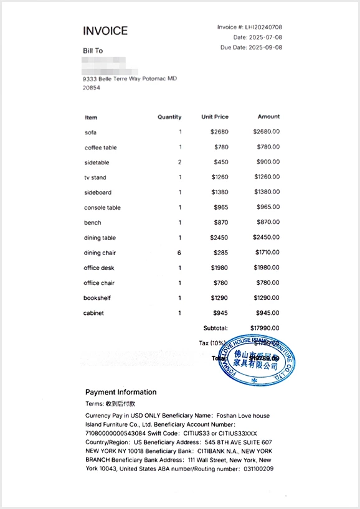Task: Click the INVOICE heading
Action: [105, 31]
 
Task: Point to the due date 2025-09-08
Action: [265, 47]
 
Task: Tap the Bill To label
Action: [93, 50]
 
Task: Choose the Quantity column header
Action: [169, 117]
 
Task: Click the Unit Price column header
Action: [215, 117]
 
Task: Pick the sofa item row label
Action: [90, 133]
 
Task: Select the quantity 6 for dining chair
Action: [179, 253]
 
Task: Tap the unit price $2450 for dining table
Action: [219, 238]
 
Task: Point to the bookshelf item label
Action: [97, 298]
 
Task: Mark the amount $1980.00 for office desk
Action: [267, 268]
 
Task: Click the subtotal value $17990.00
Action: [265, 328]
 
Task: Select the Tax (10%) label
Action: [212, 343]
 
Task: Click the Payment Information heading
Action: [121, 392]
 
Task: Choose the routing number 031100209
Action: [258, 469]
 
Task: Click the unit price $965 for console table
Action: [221, 208]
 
